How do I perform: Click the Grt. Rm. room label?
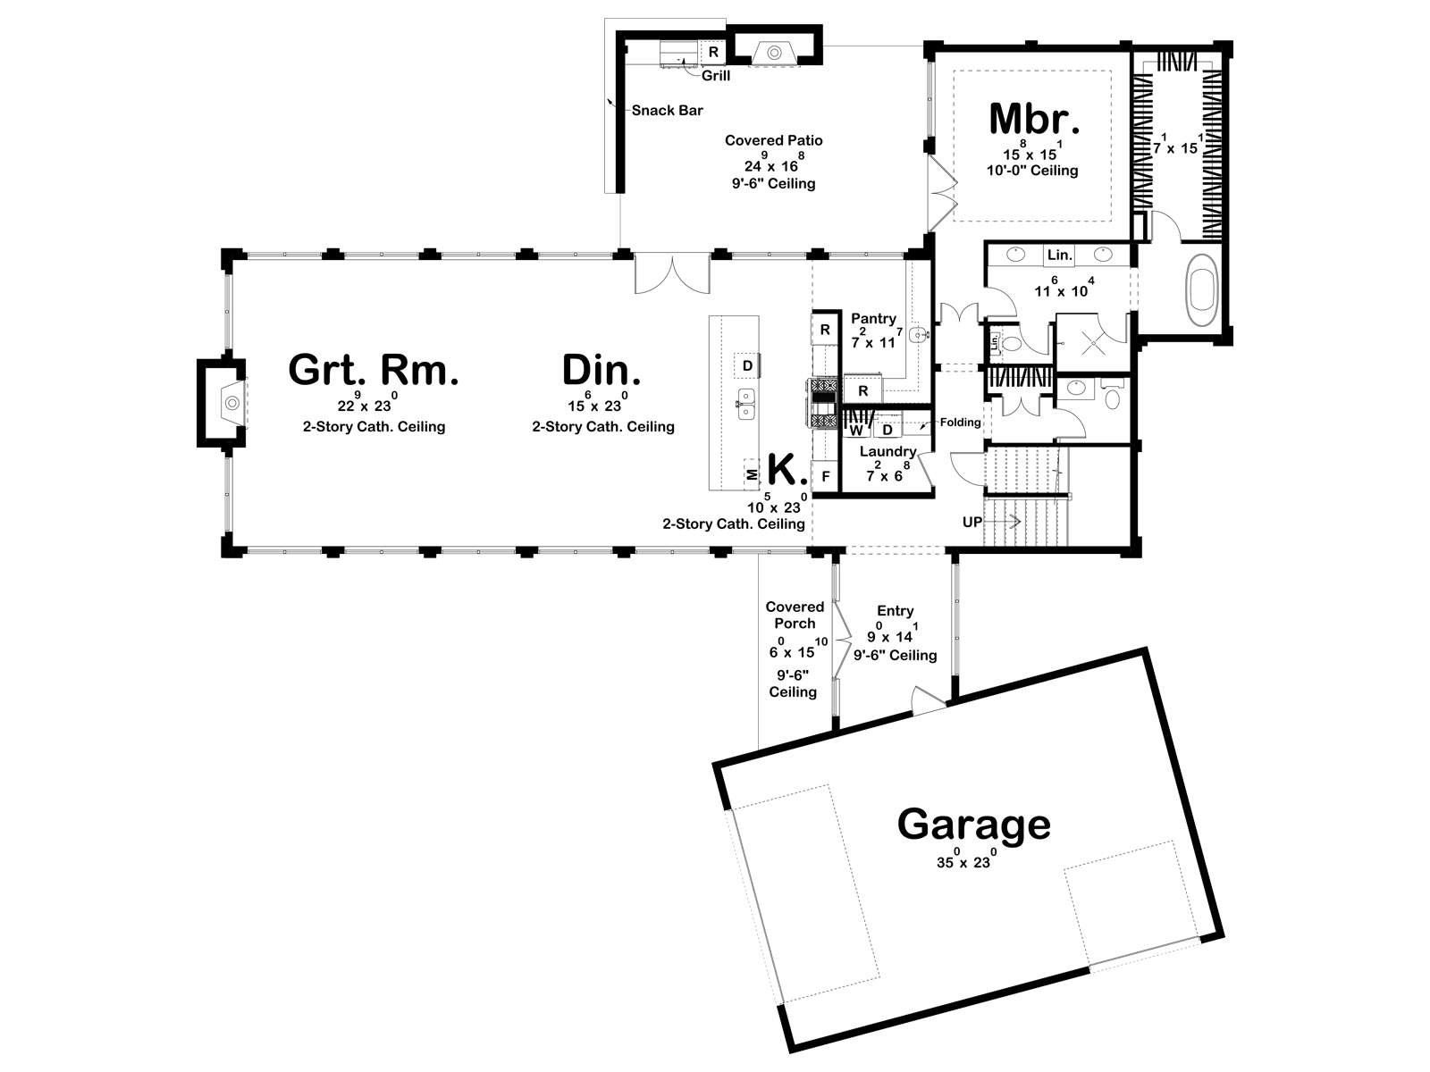tap(374, 370)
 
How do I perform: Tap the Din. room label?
tap(601, 370)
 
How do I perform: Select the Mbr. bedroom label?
tap(1034, 119)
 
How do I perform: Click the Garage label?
tap(974, 825)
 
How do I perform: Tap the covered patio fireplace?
tap(774, 53)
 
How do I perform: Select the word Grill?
tap(715, 76)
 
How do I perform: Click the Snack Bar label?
tap(667, 110)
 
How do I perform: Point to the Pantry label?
tap(873, 318)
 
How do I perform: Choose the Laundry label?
tap(887, 451)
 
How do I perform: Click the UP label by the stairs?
tap(972, 522)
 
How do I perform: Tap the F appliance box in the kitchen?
tap(826, 476)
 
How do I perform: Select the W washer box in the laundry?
tap(856, 430)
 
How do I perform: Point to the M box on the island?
tap(751, 475)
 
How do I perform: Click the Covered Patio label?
tap(773, 140)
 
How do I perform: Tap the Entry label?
tap(895, 610)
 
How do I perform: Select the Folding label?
tap(960, 422)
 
